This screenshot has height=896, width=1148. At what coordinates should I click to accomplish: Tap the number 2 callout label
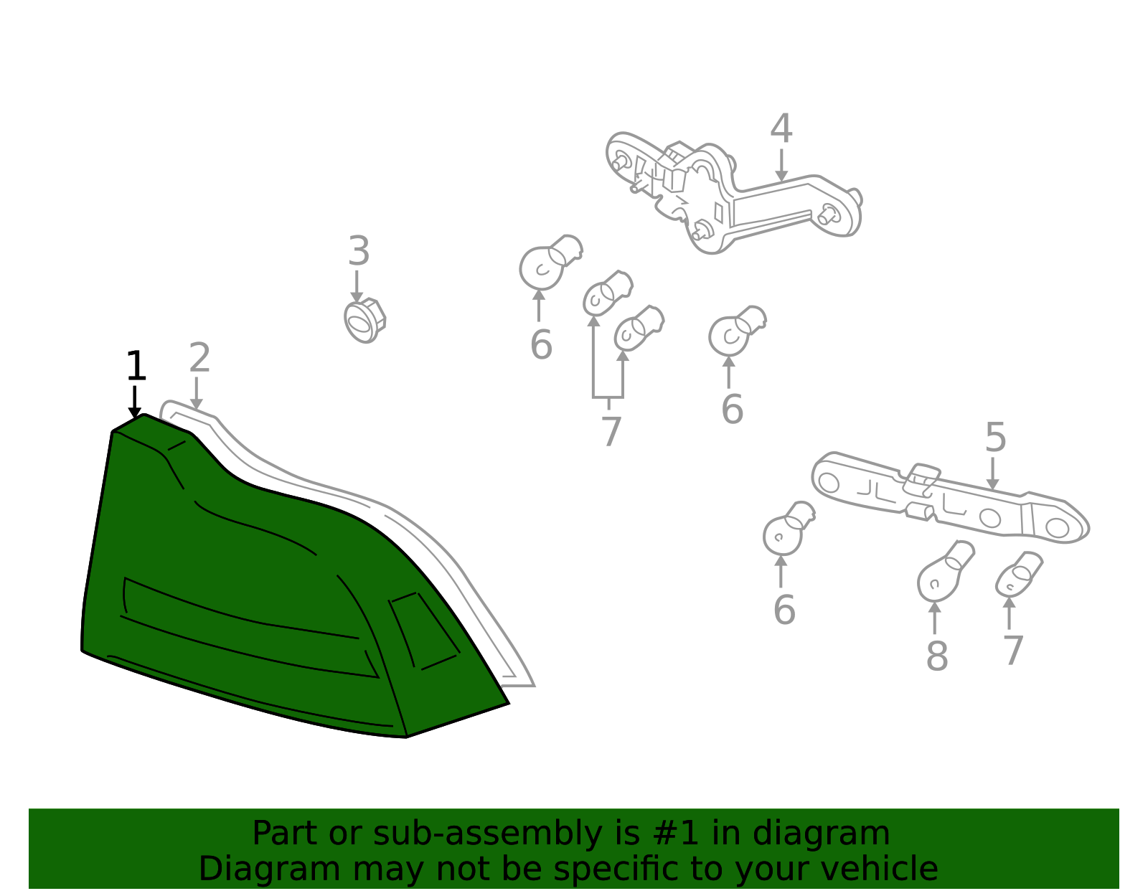[199, 357]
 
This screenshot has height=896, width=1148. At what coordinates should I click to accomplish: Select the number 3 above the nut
[359, 251]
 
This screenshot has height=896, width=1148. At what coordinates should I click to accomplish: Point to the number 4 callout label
[781, 128]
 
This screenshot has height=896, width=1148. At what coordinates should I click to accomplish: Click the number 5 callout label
[995, 437]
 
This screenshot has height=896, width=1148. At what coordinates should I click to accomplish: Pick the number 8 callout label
[936, 656]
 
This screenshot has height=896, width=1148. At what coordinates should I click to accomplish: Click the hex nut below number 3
[364, 321]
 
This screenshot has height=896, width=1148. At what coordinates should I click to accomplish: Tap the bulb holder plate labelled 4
[733, 192]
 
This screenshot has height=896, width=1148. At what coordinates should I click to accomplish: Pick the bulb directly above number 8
[945, 572]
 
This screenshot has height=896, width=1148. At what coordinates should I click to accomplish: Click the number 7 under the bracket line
[612, 431]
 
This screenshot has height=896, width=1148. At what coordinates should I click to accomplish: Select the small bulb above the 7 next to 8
[1019, 575]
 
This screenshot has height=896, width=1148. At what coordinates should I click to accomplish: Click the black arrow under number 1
[135, 402]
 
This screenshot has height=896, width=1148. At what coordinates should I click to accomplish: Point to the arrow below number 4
[781, 165]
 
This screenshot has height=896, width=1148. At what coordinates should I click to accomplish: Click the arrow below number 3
[357, 287]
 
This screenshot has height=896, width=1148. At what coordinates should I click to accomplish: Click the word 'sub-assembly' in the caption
[487, 834]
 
